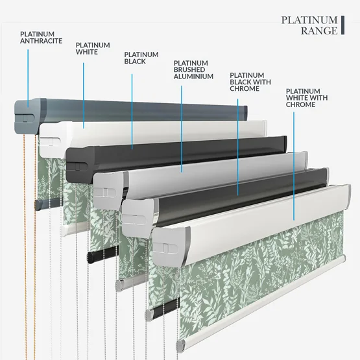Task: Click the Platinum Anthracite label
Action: tap(41, 38)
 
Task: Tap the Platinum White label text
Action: tap(93, 49)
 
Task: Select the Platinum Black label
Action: tap(141, 58)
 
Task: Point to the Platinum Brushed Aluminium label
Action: tap(193, 69)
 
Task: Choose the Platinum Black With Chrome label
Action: tap(250, 82)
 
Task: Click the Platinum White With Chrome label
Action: tap(307, 98)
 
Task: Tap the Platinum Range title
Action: tap(309, 25)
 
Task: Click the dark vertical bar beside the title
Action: tap(342, 25)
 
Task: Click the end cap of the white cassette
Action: tap(52, 140)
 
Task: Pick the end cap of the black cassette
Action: tap(79, 163)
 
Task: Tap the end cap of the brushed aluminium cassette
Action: tap(108, 191)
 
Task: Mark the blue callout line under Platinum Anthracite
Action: tap(28, 78)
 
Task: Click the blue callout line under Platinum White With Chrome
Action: tap(294, 166)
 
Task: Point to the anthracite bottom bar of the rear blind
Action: tap(47, 204)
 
